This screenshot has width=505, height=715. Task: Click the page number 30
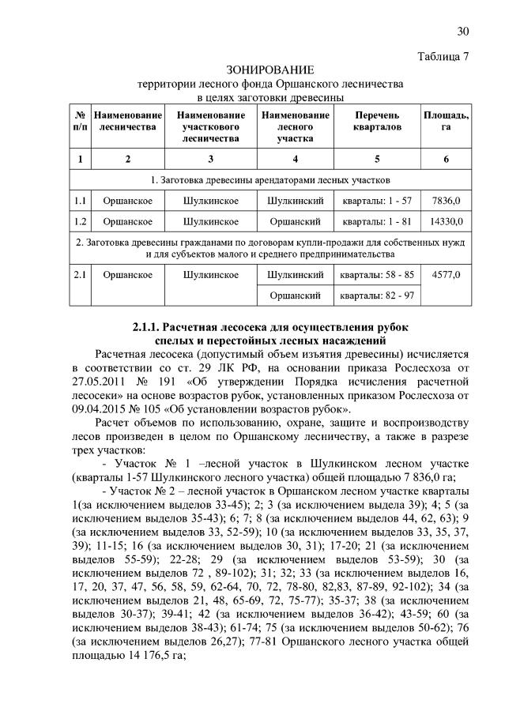pyautogui.click(x=463, y=31)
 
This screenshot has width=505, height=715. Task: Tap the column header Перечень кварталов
pyautogui.click(x=376, y=121)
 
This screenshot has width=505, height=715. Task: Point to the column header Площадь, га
pyautogui.click(x=446, y=121)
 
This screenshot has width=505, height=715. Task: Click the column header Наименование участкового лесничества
pyautogui.click(x=211, y=126)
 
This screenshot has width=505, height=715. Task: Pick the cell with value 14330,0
pyautogui.click(x=446, y=221)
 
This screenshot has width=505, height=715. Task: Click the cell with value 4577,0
pyautogui.click(x=446, y=275)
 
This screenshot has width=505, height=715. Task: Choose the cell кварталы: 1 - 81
pyautogui.click(x=376, y=221)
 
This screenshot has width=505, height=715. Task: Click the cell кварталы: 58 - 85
pyautogui.click(x=376, y=275)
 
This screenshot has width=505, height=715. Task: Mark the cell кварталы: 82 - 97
pyautogui.click(x=376, y=295)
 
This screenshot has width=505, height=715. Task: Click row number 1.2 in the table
pyautogui.click(x=80, y=221)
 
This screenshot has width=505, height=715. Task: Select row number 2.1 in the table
pyautogui.click(x=80, y=275)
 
